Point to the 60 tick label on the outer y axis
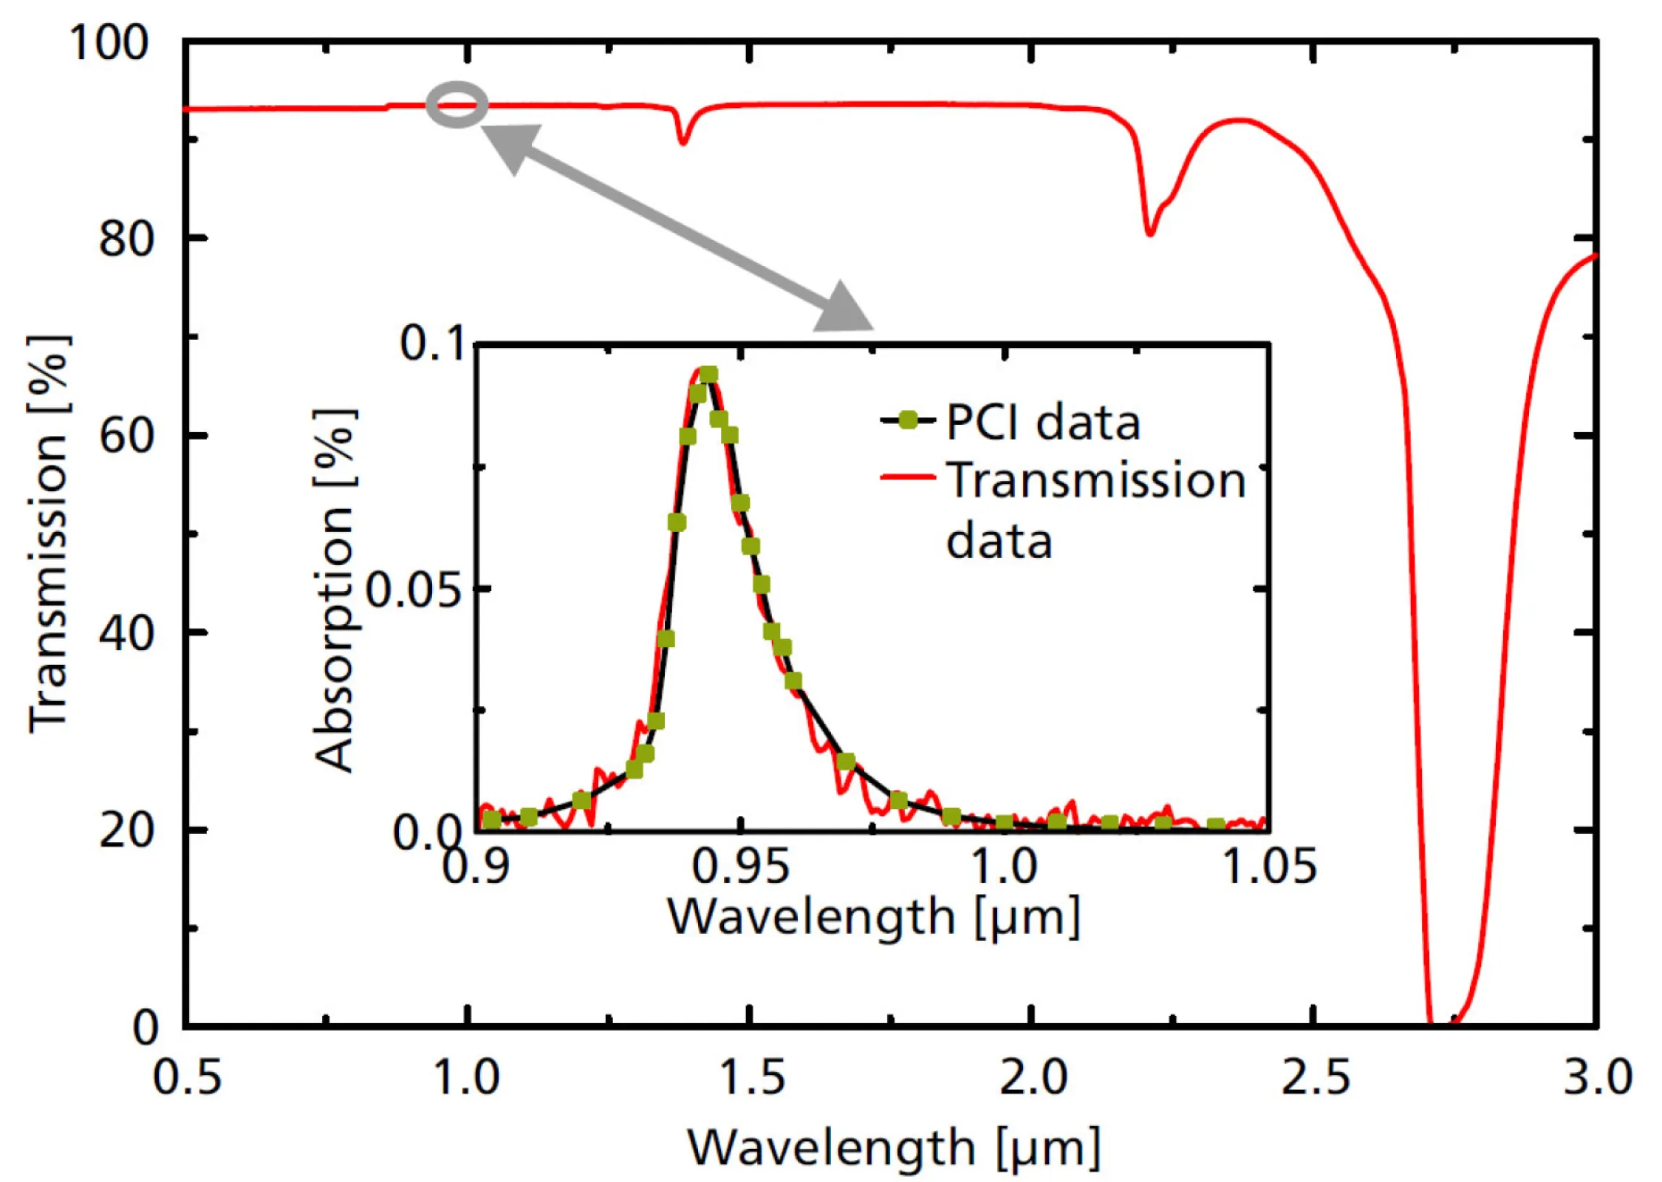pos(126,436)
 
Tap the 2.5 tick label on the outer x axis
pos(1315,1078)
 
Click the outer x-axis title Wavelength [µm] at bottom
pos(894,1147)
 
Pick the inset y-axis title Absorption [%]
pos(335,590)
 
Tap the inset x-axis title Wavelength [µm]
pos(874,917)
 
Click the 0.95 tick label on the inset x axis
pos(741,866)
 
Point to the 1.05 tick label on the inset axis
pos(1270,866)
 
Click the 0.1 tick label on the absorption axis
pos(432,344)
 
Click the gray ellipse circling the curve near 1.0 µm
pos(457,104)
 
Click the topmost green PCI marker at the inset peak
pos(708,375)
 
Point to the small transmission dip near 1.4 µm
pos(683,138)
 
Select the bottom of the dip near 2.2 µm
pos(1149,232)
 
